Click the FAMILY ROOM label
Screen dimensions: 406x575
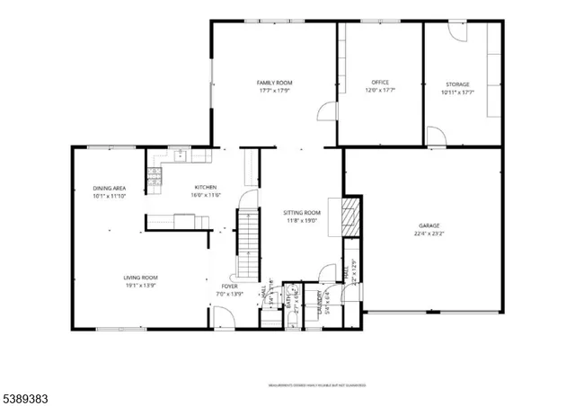276,83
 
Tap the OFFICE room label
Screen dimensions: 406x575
379,84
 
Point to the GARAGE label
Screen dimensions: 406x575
428,225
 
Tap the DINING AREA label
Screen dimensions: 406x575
109,188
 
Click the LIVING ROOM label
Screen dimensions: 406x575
141,278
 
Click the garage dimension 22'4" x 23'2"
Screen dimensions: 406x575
428,234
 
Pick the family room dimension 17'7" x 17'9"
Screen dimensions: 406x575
276,91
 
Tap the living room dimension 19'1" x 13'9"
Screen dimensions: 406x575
141,286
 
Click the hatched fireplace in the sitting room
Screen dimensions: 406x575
351,216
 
